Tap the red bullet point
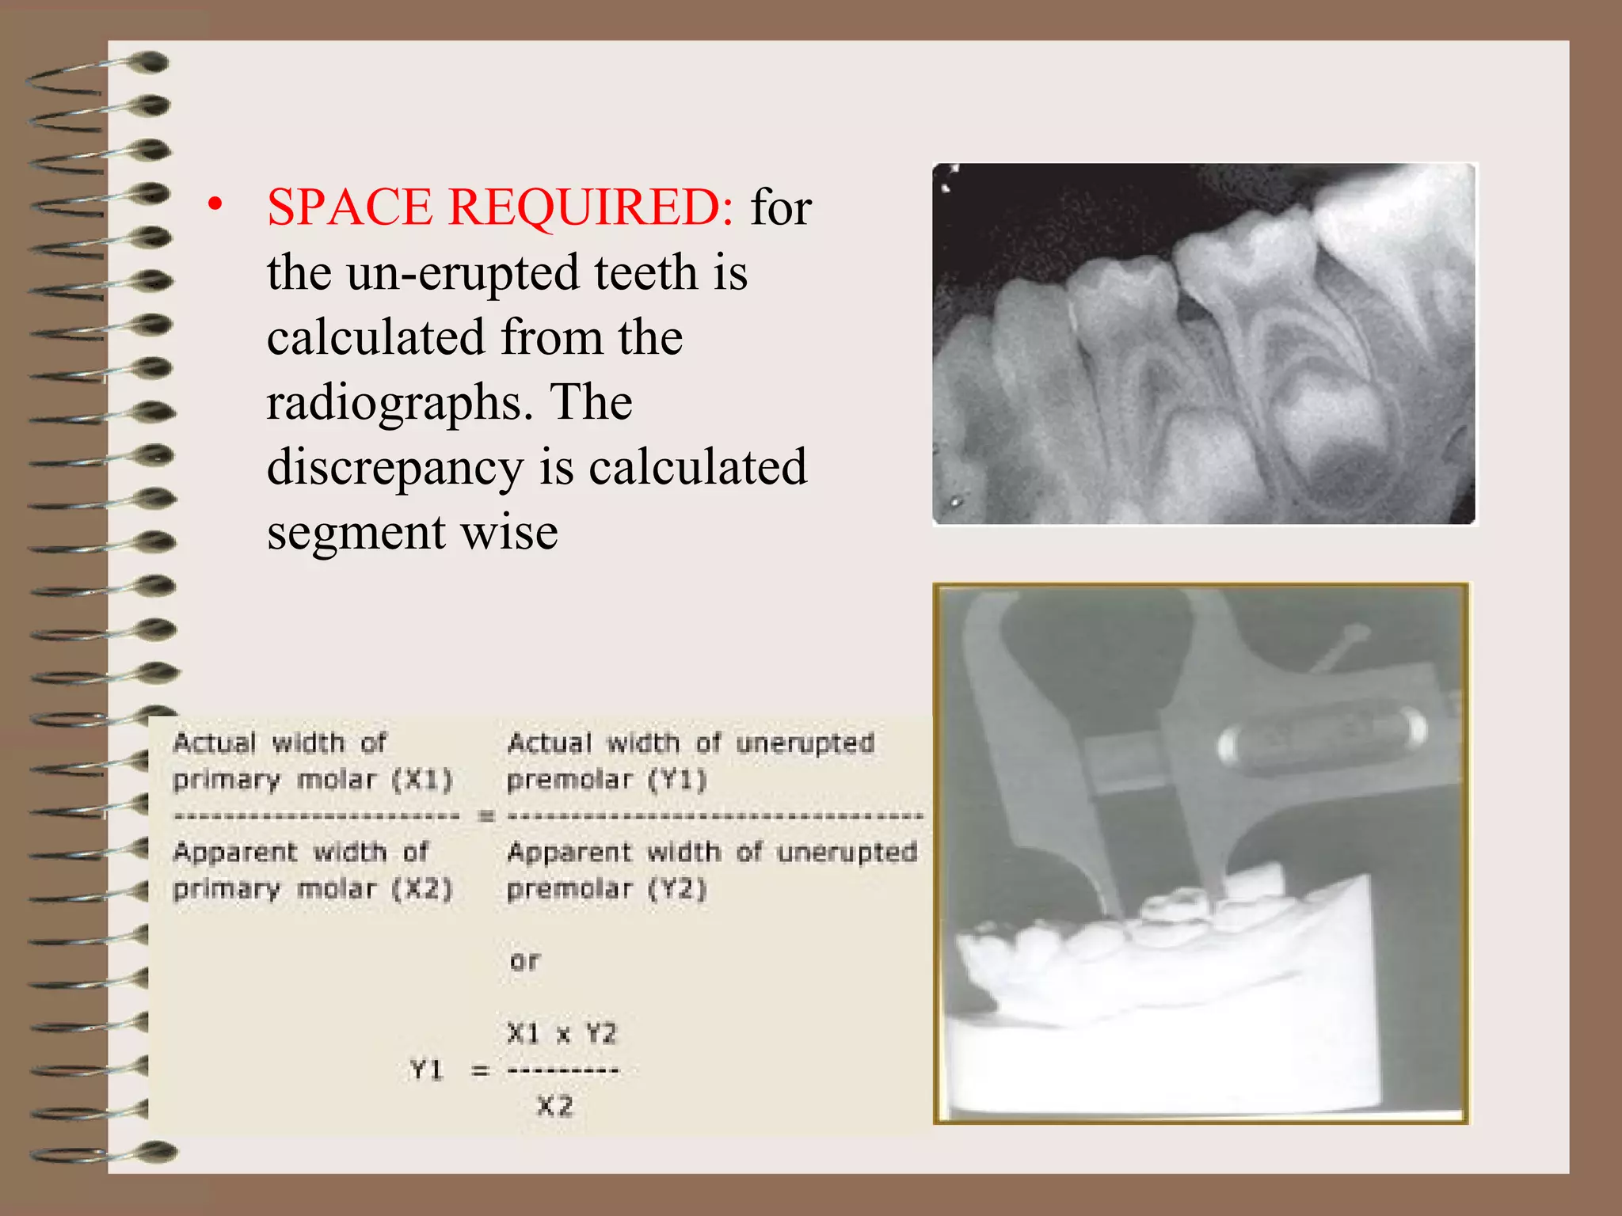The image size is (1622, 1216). click(215, 204)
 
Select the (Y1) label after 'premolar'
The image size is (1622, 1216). click(677, 780)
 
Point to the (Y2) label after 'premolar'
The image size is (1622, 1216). click(677, 889)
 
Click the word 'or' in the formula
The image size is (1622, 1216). click(524, 961)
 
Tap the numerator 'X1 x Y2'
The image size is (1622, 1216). click(562, 1033)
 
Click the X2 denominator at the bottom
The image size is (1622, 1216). click(554, 1105)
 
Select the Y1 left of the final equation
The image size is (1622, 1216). click(427, 1070)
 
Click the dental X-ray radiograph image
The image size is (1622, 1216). click(1204, 344)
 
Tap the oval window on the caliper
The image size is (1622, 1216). click(1323, 732)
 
